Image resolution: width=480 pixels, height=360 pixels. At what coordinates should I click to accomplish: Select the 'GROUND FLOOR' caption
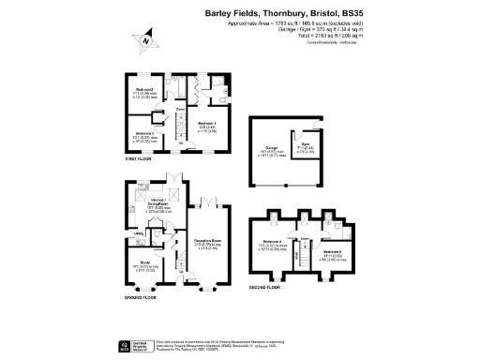pyautogui.click(x=141, y=297)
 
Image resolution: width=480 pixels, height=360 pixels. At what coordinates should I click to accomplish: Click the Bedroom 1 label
pyautogui.click(x=209, y=125)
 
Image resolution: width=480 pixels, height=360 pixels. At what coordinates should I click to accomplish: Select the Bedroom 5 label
pyautogui.click(x=332, y=252)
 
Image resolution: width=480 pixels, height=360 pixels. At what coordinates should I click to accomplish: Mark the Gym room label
pyautogui.click(x=306, y=147)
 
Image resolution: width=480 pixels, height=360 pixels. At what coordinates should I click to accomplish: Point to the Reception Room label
pyautogui.click(x=206, y=242)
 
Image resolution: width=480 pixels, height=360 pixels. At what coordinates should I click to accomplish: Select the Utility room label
pyautogui.click(x=136, y=232)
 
